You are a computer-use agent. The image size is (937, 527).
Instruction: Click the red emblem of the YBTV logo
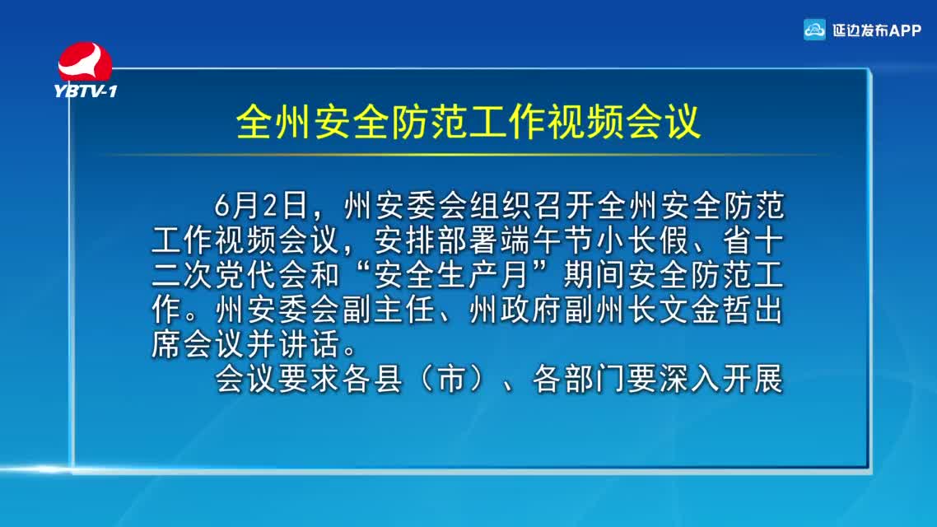pos(85,62)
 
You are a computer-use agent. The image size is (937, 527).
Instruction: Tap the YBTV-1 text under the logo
pos(86,91)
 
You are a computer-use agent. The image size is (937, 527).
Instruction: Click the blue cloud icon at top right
pos(813,30)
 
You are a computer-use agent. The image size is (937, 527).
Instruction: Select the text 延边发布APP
pos(877,30)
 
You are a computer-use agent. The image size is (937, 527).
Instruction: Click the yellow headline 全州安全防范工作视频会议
pos(468,123)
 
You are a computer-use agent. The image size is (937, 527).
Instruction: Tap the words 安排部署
pos(436,240)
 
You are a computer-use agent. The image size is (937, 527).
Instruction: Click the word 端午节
pos(548,240)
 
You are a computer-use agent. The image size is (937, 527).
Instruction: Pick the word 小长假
pos(643,240)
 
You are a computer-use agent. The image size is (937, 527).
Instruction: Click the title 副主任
pos(389,310)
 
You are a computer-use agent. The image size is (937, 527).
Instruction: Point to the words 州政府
pos(516,310)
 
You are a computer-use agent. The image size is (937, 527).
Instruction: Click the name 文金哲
pos(706,310)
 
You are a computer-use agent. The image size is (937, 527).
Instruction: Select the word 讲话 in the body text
pos(310,344)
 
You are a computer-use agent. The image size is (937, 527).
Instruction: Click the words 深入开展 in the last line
pos(720,379)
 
